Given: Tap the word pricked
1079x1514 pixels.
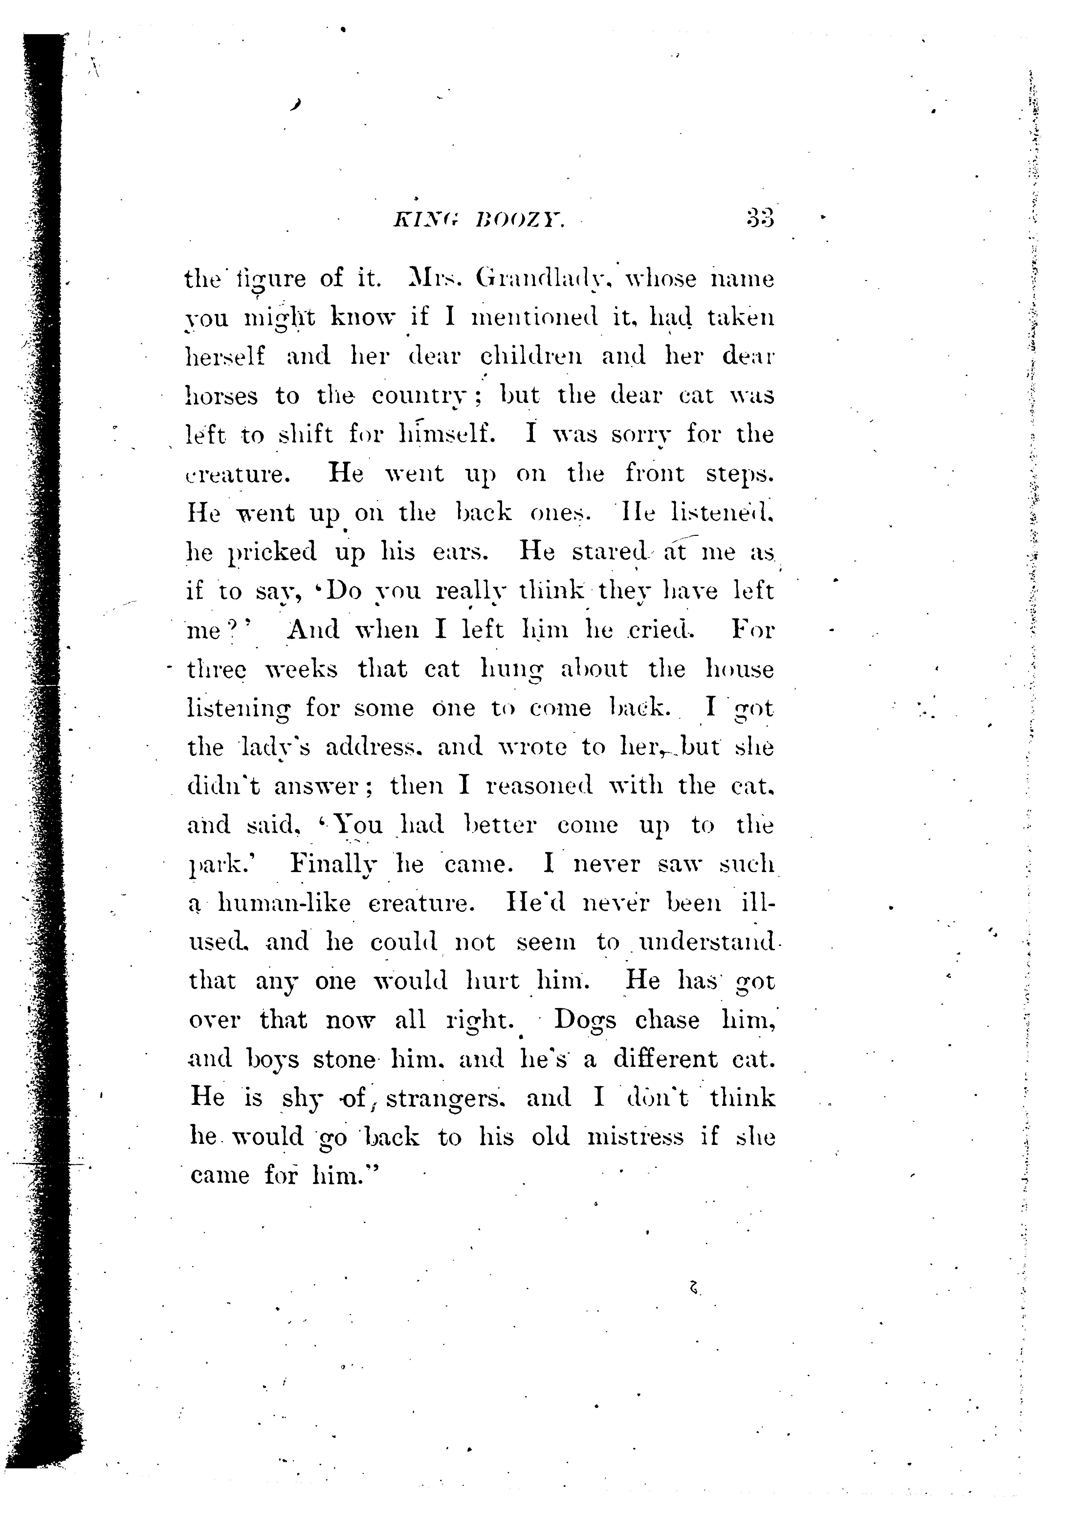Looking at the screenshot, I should [x=273, y=552].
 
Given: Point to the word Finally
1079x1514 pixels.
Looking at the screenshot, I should [x=335, y=864].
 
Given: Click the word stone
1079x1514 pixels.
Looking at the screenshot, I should [x=344, y=1059].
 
